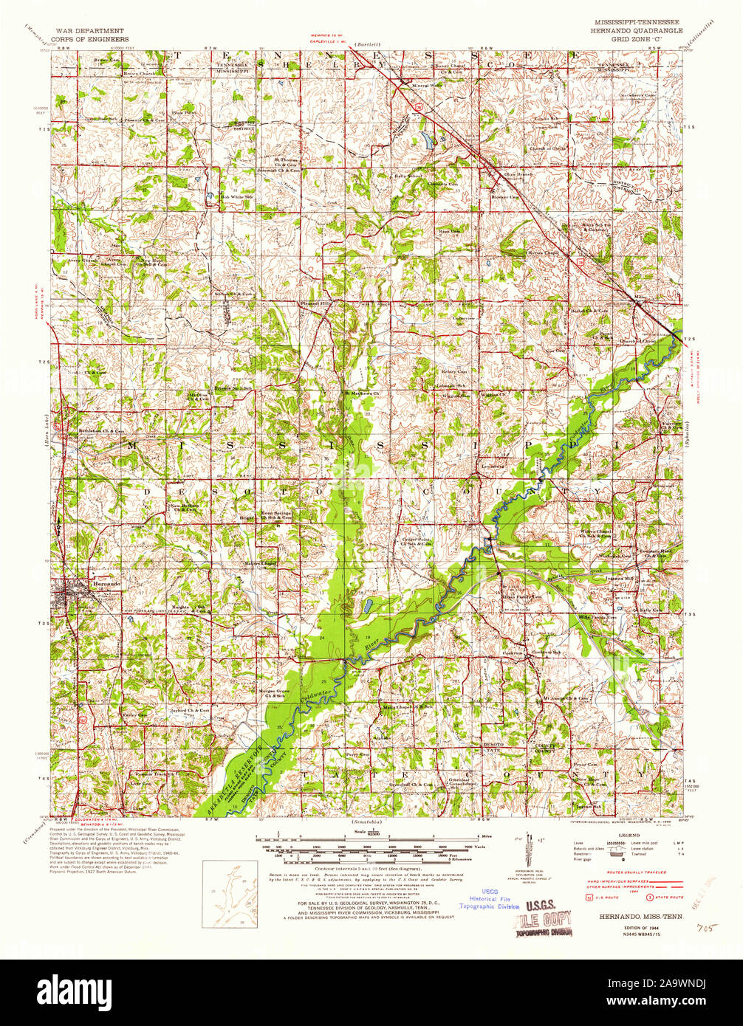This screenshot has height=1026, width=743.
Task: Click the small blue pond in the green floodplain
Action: pyautogui.click(x=367, y=607)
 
